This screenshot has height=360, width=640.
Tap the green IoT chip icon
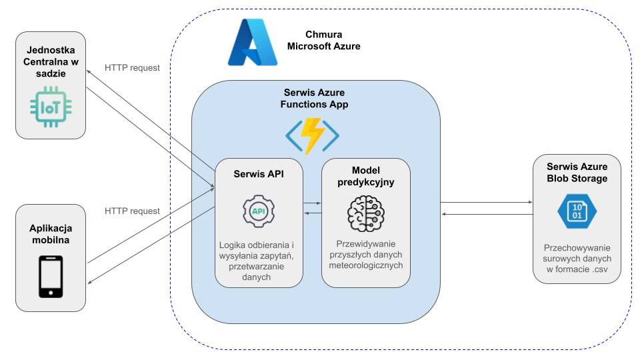(x=50, y=107)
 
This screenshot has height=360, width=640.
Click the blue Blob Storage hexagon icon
(x=576, y=211)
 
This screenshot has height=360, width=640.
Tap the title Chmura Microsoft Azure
(x=323, y=40)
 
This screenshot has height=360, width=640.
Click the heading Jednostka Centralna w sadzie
(x=51, y=62)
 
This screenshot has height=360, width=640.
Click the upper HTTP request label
(x=133, y=67)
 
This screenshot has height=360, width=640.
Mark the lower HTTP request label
(x=133, y=211)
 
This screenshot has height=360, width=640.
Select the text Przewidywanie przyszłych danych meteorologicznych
(x=365, y=255)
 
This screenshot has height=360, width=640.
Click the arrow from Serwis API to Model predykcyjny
(x=313, y=202)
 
